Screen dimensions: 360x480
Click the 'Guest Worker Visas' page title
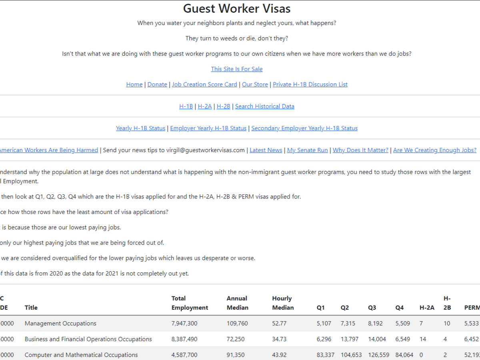coord(237,8)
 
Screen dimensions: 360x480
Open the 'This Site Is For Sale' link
coord(237,69)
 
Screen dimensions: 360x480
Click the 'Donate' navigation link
coord(157,84)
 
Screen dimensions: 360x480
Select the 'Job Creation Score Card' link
coord(204,84)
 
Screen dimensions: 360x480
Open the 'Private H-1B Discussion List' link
coord(310,84)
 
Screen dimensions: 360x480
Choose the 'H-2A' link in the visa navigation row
coord(205,106)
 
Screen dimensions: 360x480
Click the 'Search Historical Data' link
coord(265,106)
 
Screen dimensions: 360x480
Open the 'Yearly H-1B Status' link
coord(140,128)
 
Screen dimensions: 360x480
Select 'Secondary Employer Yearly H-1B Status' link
coord(304,128)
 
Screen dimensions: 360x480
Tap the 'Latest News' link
coord(266,150)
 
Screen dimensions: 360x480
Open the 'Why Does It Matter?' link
coord(360,150)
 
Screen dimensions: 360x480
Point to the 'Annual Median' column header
coord(237,303)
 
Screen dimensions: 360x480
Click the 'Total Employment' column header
coord(190,303)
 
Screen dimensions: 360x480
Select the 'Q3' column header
coord(372,308)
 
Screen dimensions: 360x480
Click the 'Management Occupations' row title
coord(60,324)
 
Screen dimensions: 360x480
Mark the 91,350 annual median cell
coord(236,355)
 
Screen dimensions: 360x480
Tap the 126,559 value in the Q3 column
coord(378,355)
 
